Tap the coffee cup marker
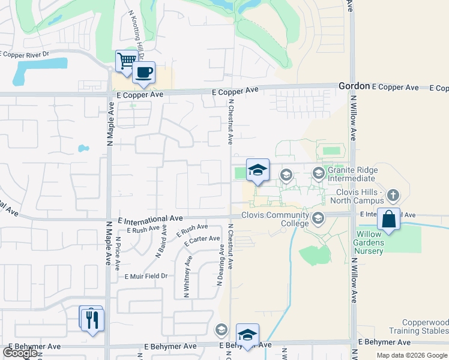click(143, 73)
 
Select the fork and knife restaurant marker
click(92, 320)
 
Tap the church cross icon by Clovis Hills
click(393, 195)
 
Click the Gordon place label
click(353, 86)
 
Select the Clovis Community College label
click(275, 220)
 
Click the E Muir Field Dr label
click(145, 276)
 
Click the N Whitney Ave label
click(187, 277)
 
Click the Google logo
click(20, 353)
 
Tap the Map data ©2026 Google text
click(412, 355)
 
